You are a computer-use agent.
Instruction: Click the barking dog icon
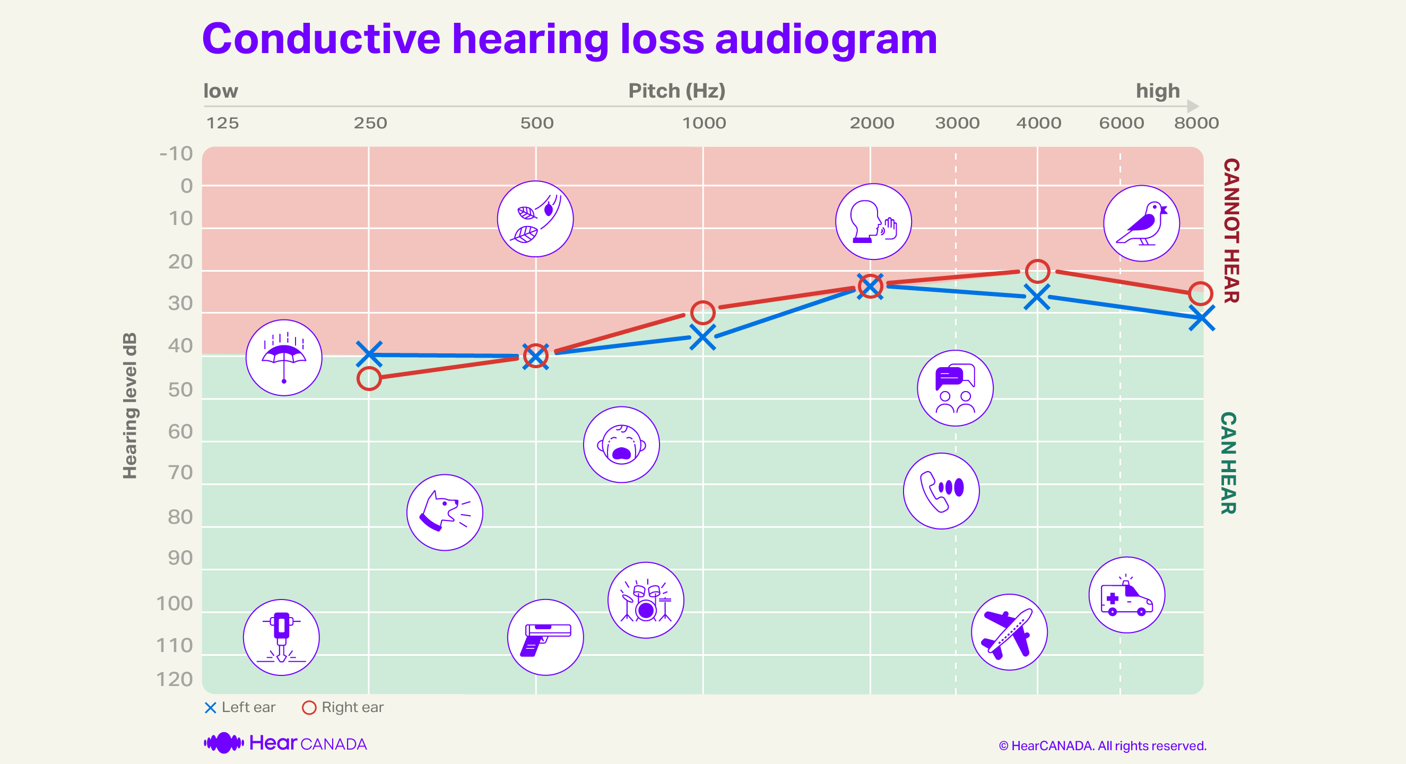point(444,512)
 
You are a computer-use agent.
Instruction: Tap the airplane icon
point(1009,632)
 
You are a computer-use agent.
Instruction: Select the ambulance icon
point(1126,595)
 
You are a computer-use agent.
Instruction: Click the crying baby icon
point(621,444)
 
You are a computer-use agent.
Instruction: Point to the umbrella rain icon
point(283,358)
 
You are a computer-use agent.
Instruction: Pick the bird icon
point(1141,223)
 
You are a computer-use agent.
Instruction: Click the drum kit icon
point(646,600)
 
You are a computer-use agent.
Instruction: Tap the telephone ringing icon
point(941,491)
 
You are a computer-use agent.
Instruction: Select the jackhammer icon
point(281,637)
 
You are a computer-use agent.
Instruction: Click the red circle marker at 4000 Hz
point(1037,271)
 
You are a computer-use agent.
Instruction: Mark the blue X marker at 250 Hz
point(369,354)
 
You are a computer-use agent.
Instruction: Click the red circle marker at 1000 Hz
point(702,312)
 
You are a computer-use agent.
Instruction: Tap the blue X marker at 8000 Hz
point(1201,318)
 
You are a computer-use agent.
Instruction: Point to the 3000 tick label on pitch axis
point(957,123)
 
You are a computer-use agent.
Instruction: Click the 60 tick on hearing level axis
point(180,432)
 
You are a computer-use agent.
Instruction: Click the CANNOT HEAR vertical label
point(1230,230)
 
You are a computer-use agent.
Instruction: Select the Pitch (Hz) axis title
point(676,91)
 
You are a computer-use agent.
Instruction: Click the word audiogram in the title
point(825,39)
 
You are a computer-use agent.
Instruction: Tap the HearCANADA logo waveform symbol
point(223,743)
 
